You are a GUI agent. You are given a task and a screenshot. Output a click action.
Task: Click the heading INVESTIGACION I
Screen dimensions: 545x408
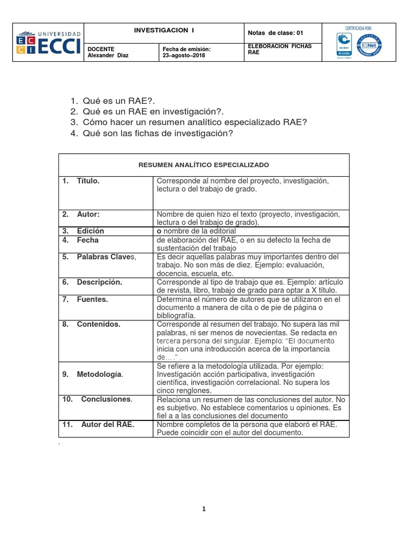(x=164, y=31)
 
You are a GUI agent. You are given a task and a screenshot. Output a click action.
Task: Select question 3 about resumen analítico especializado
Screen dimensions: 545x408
(x=195, y=122)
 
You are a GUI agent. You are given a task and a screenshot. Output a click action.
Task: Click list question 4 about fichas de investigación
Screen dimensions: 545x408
(x=158, y=133)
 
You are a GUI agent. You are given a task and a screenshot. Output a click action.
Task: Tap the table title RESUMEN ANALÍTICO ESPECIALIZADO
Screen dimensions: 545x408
(x=204, y=165)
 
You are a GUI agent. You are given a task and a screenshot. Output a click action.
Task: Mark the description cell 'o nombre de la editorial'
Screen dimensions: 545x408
(x=197, y=231)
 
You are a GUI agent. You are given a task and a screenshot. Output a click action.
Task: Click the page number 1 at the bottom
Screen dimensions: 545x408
(x=203, y=509)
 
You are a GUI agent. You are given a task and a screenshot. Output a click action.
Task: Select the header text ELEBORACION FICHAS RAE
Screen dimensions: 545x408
(x=280, y=49)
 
